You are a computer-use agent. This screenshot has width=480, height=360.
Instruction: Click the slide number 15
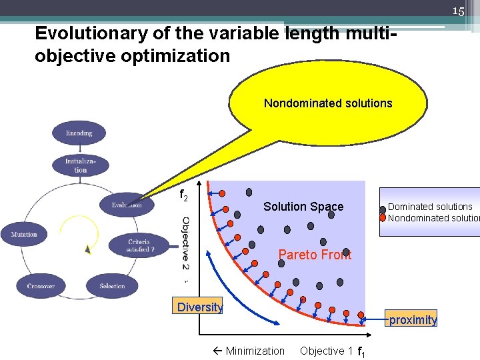pyautogui.click(x=458, y=11)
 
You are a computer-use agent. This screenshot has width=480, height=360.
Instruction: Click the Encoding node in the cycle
pyautogui.click(x=79, y=133)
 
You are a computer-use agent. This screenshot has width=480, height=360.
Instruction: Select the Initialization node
pyautogui.click(x=80, y=165)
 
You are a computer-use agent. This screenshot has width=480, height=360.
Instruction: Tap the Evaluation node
pyautogui.click(x=127, y=205)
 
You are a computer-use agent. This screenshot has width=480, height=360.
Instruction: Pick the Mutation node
pyautogui.click(x=24, y=234)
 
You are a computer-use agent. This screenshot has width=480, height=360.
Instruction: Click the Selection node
pyautogui.click(x=111, y=286)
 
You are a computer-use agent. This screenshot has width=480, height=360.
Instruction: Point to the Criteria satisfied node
pyautogui.click(x=139, y=245)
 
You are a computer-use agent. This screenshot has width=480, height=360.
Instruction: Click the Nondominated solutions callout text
pyautogui.click(x=328, y=103)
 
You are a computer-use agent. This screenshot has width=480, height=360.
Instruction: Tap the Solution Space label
pyautogui.click(x=303, y=207)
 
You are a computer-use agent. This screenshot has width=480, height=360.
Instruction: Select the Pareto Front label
pyautogui.click(x=315, y=255)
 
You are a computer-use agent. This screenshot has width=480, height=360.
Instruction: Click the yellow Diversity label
pyautogui.click(x=199, y=307)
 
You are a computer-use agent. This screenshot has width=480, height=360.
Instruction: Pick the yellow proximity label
pyautogui.click(x=413, y=320)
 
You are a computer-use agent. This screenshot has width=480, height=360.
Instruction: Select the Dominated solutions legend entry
pyautogui.click(x=429, y=207)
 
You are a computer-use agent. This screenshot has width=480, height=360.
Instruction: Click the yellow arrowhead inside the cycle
pyautogui.click(x=88, y=250)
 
